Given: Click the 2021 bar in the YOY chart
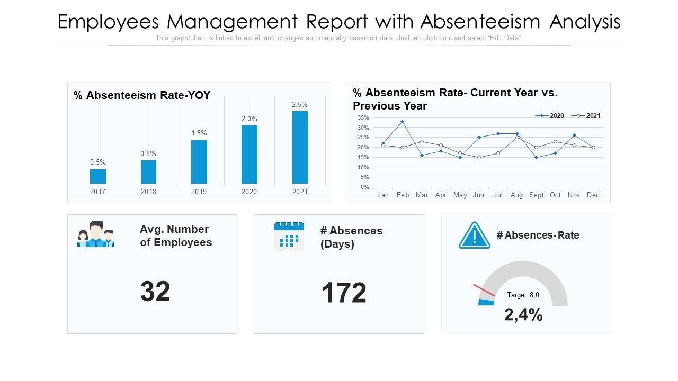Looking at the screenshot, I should click(x=300, y=147).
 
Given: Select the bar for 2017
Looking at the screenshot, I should click(x=98, y=176).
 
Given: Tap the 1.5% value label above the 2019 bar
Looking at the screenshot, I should click(x=199, y=133).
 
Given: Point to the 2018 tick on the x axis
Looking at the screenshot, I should click(x=148, y=192).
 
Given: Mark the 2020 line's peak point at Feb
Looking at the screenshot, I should click(x=402, y=122).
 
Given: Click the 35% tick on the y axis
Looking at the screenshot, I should click(x=363, y=117).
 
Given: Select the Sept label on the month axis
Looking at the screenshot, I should click(x=536, y=195).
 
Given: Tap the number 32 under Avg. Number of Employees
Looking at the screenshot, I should click(x=155, y=292).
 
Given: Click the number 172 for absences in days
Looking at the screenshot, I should click(x=344, y=293).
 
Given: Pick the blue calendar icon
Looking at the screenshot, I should click(x=289, y=236).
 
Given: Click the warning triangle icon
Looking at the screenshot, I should click(x=475, y=235).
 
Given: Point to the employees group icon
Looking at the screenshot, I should click(x=96, y=234).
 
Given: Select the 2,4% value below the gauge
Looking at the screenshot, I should click(x=523, y=315).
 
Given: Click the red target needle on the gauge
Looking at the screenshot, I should click(x=484, y=290).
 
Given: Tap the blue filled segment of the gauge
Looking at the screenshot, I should click(x=486, y=302).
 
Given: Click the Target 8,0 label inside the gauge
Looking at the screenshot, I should click(x=523, y=295).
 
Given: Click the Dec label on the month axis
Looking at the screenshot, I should click(x=593, y=195).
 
